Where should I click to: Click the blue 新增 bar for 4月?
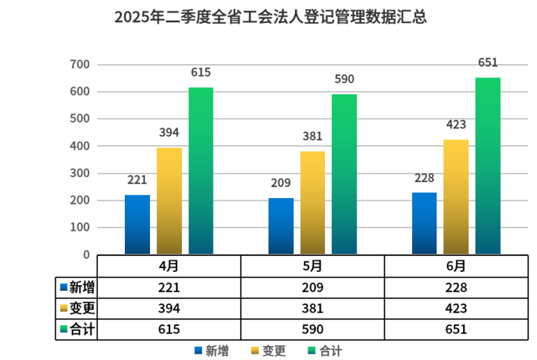[x=137, y=224]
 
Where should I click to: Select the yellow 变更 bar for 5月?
[x=312, y=202]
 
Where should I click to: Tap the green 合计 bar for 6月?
[x=487, y=165]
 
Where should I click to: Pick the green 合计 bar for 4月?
[x=201, y=170]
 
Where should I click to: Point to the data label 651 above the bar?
[x=488, y=63]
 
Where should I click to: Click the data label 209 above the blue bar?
[x=281, y=183]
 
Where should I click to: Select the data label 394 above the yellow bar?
[x=169, y=133]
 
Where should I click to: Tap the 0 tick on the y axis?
[x=86, y=255]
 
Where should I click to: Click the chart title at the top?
[x=271, y=17]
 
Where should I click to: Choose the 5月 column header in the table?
[x=312, y=267]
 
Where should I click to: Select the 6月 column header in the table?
[x=456, y=267]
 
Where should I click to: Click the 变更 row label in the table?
[x=77, y=308]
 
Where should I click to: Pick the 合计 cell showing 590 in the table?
[x=312, y=329]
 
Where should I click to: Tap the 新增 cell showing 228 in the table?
[x=456, y=287]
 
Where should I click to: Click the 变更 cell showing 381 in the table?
[x=312, y=308]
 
